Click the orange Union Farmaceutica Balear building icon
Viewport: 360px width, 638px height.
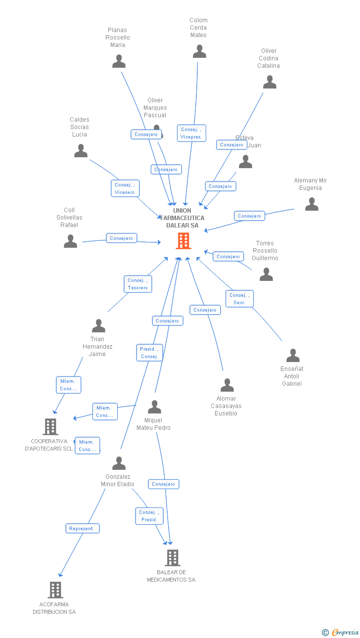183,241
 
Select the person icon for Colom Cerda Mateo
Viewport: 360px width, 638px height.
199,51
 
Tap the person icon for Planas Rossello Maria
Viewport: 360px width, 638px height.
119,61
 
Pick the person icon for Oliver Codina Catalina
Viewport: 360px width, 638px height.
270,82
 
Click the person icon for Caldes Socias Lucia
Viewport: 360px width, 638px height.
81,151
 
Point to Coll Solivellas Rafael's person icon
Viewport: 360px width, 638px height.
71,241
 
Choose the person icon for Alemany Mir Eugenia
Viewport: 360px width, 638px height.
312,204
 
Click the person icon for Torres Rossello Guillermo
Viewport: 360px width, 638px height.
266,274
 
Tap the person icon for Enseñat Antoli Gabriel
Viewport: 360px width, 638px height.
293,356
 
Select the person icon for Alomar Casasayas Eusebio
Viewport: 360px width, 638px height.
227,385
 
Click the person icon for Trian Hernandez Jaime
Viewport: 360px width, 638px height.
98,326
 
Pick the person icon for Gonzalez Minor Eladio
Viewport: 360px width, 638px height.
119,463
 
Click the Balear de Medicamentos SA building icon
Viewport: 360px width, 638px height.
172,558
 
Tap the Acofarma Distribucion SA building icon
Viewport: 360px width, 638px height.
55,590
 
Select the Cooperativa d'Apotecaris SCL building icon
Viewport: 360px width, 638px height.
50,427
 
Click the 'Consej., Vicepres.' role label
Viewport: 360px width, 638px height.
191,133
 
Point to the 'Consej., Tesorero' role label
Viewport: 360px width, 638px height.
137,284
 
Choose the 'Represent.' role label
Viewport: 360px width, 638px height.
83,528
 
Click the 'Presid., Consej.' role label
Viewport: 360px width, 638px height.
149,353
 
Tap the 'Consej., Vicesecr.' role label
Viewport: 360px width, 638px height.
125,188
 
